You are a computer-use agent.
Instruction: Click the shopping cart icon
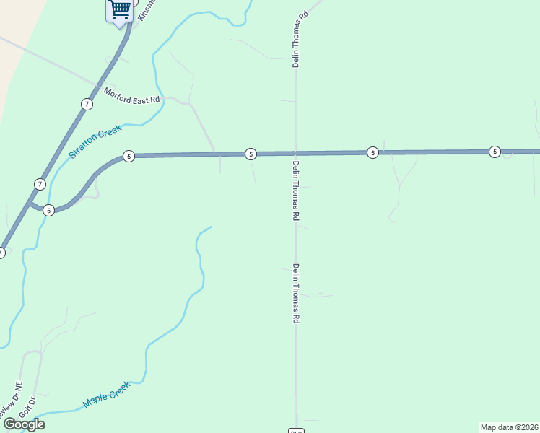point(120,10)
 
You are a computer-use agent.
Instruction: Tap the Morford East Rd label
point(131,95)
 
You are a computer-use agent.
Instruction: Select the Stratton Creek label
point(95,142)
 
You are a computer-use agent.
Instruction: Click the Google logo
point(24,424)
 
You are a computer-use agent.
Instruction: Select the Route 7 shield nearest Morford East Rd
point(87,105)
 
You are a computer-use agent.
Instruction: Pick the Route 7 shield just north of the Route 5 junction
point(40,184)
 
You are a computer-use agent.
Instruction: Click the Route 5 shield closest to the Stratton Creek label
point(128,157)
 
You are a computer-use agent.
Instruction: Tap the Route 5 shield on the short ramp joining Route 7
point(48,211)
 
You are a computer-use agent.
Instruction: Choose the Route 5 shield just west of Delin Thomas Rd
point(250,154)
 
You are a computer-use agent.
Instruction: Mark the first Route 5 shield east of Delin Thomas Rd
point(372,152)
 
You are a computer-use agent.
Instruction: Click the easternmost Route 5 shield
point(494,152)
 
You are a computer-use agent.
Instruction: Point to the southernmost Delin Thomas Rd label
point(296,293)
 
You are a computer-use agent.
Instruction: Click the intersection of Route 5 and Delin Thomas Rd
point(295,153)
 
